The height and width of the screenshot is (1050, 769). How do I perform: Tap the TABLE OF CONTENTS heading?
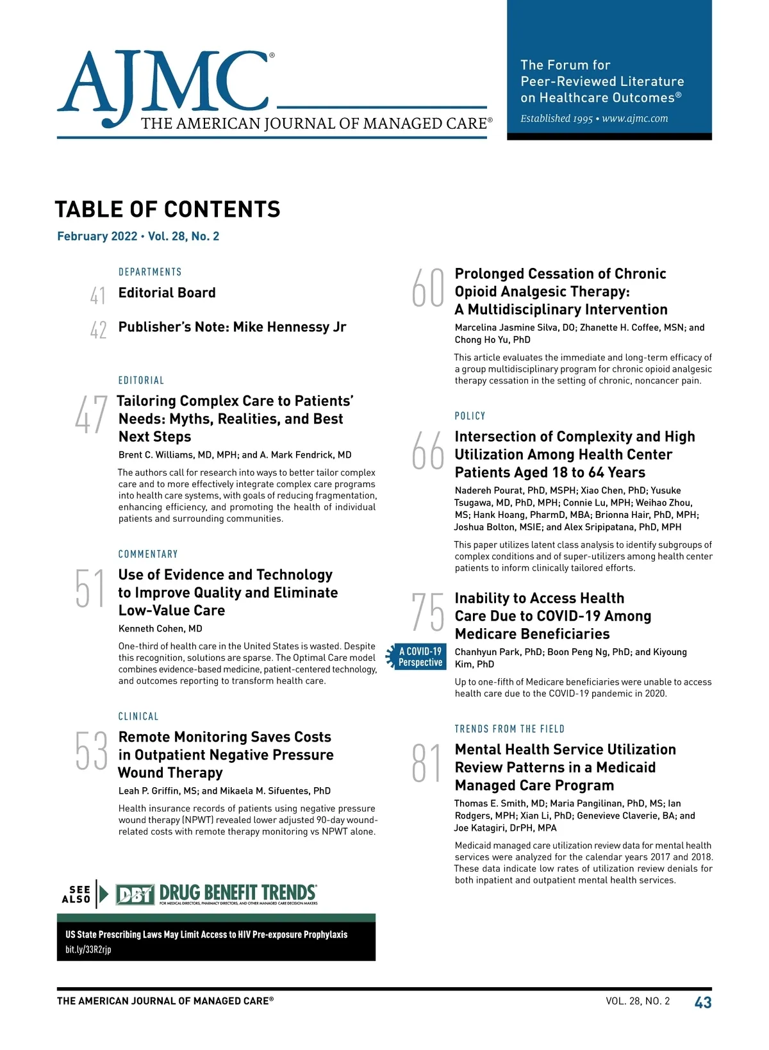[167, 210]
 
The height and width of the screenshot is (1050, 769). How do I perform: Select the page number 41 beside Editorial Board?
[98, 296]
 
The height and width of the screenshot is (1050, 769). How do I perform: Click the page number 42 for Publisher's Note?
[98, 329]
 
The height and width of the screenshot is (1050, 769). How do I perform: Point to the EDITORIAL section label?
[141, 380]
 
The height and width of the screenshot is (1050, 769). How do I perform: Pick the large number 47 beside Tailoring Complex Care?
[91, 415]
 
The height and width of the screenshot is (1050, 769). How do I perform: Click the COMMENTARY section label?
[148, 554]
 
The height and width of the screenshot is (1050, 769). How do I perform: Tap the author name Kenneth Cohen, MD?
[160, 628]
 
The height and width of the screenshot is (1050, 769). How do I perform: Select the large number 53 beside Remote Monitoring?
[92, 751]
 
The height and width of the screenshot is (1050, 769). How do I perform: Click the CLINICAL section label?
[138, 716]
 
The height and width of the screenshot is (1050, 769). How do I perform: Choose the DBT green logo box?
[135, 894]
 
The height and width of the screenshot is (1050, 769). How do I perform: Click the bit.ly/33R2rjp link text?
[88, 949]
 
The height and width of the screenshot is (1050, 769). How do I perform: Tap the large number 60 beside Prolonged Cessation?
[427, 288]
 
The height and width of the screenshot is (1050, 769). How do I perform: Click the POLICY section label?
[470, 416]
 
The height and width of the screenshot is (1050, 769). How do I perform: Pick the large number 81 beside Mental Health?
[427, 763]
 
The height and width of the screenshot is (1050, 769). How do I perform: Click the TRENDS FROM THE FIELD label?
[509, 729]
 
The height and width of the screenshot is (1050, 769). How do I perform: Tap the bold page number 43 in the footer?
[703, 1002]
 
